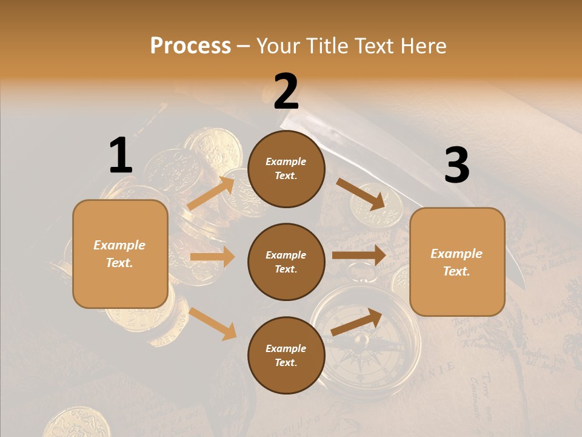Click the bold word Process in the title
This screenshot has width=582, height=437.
(x=190, y=46)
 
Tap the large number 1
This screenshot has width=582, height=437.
(x=121, y=156)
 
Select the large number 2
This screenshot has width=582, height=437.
(x=286, y=92)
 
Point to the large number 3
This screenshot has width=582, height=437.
(x=457, y=166)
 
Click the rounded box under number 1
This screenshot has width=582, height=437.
(x=120, y=254)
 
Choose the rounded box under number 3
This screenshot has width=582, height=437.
(x=457, y=262)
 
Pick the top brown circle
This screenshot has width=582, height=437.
(x=286, y=169)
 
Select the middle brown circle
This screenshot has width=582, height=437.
(x=286, y=262)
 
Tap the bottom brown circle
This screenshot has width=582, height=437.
(x=286, y=355)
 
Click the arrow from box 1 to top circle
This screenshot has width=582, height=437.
(x=212, y=193)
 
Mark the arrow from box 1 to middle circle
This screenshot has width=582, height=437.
(x=212, y=257)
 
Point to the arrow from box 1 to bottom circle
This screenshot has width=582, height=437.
(x=212, y=324)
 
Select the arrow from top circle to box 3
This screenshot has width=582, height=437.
(x=360, y=194)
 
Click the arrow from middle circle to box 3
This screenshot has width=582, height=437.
(x=359, y=256)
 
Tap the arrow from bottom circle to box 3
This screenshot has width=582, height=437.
(x=357, y=322)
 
